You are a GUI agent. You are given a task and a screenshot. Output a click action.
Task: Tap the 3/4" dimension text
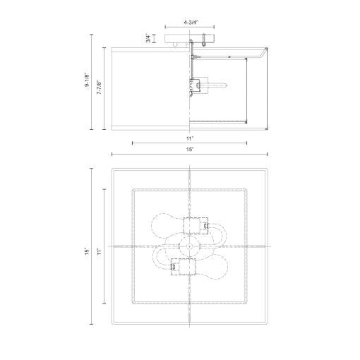pyautogui.click(x=147, y=39)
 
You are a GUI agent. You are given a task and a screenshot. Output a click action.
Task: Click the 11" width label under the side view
pyautogui.click(x=189, y=139)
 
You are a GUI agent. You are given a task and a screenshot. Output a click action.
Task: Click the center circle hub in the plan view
pyautogui.click(x=189, y=247)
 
